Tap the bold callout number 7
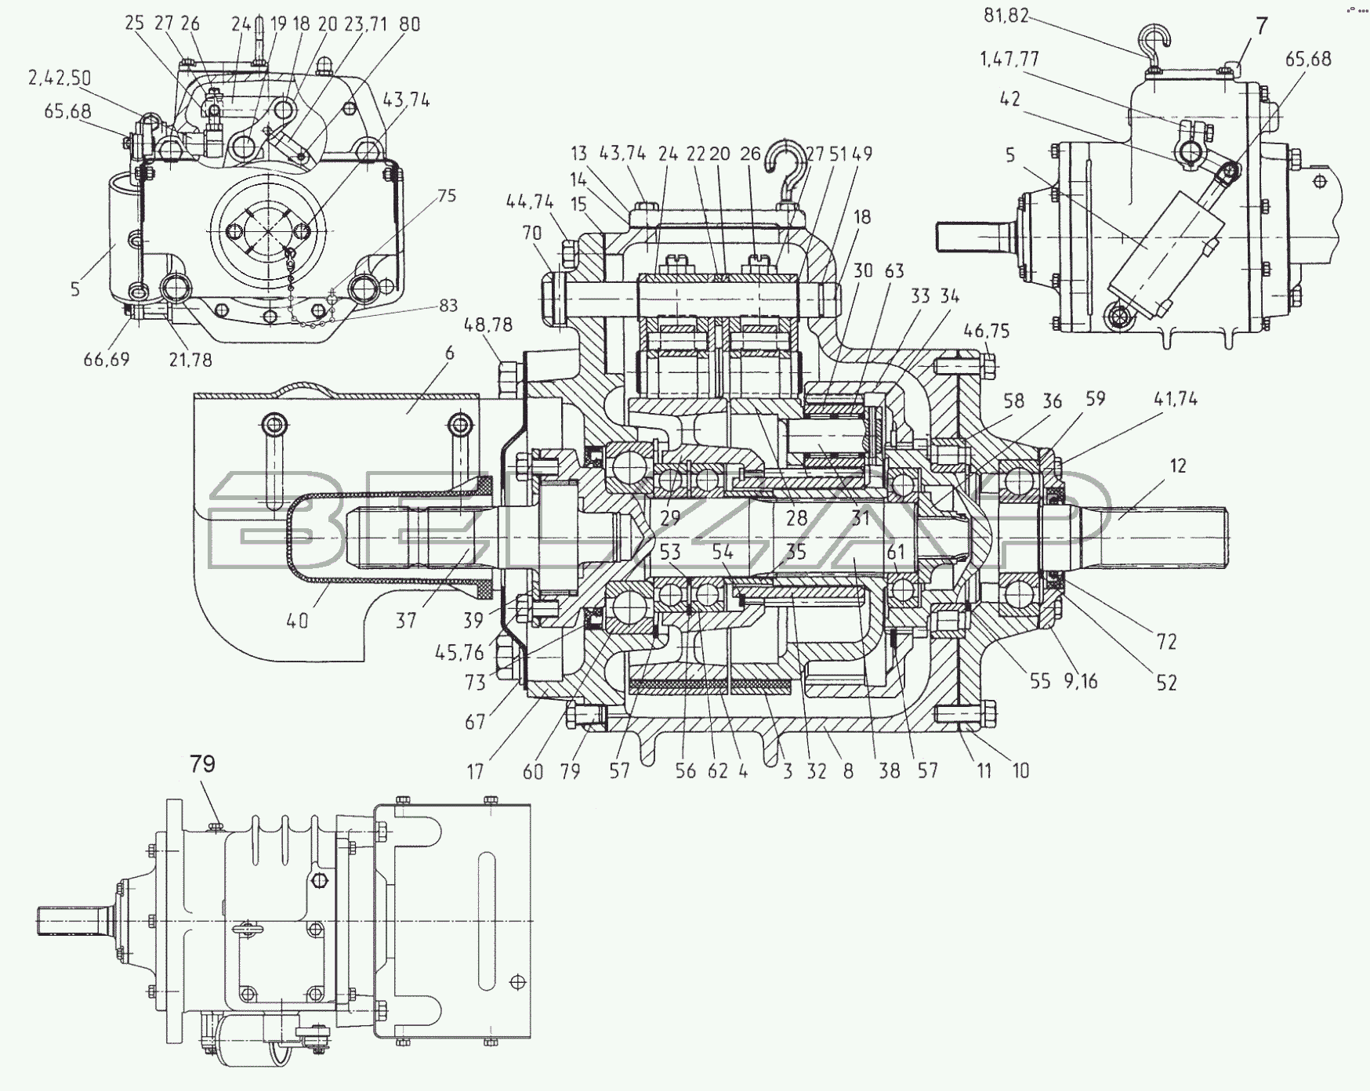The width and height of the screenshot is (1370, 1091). click(x=1261, y=26)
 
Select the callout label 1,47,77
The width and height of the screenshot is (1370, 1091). click(x=1008, y=60)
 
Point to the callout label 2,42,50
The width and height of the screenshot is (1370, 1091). click(x=60, y=78)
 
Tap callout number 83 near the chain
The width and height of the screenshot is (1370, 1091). click(x=449, y=305)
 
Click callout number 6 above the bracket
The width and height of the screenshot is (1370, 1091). click(x=449, y=353)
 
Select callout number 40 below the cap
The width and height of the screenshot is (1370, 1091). click(x=297, y=620)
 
